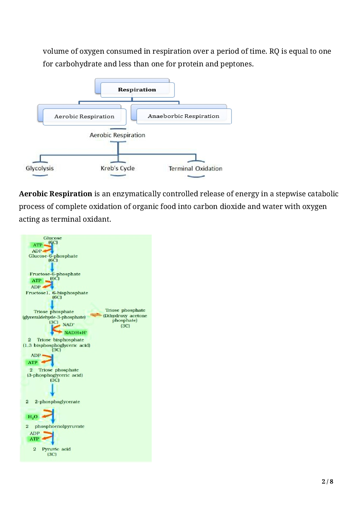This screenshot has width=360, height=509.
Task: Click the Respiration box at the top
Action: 137,90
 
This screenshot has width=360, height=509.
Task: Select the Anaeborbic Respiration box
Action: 183,116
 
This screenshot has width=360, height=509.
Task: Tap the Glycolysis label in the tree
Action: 40,168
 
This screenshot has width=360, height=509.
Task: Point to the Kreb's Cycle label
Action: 118,168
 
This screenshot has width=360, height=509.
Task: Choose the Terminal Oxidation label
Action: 195,169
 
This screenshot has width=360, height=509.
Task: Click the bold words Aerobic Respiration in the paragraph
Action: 56,194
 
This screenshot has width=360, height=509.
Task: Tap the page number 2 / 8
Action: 327,481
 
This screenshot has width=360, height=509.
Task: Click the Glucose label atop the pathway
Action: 53,238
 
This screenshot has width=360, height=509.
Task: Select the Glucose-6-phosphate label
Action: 53,256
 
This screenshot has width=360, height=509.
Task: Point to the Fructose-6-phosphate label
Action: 55,274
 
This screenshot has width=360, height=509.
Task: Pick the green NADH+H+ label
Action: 75,333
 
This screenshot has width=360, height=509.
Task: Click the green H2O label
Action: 33,417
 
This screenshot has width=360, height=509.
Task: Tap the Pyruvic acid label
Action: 56,449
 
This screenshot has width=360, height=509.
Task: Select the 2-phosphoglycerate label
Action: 57,402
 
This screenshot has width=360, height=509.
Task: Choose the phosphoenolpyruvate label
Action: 60,426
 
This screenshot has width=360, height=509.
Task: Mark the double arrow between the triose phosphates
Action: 96,315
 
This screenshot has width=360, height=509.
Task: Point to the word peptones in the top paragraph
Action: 236,64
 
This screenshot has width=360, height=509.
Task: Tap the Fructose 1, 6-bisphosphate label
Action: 57,293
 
